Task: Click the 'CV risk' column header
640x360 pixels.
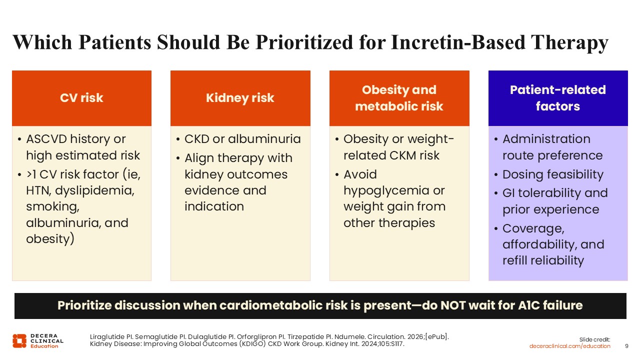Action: pos(81,98)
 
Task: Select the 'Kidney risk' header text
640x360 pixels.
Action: pos(240,98)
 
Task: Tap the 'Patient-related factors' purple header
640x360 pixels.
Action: pos(558,98)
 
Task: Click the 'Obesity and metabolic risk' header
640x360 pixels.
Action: pos(399,98)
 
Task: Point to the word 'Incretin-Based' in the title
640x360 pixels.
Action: pos(458,42)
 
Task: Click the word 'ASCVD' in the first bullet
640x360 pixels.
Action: pos(46,139)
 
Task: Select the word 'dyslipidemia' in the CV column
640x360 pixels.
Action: pos(94,190)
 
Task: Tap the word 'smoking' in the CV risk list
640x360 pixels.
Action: pos(53,207)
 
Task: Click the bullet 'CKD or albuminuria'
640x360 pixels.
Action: pos(242,139)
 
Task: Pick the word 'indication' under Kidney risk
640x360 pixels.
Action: pos(214,206)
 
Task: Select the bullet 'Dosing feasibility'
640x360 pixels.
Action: pos(553,174)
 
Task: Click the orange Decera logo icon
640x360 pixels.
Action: pos(19,341)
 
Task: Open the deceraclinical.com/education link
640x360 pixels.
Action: pos(569,346)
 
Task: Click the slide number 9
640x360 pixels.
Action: pos(626,346)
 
